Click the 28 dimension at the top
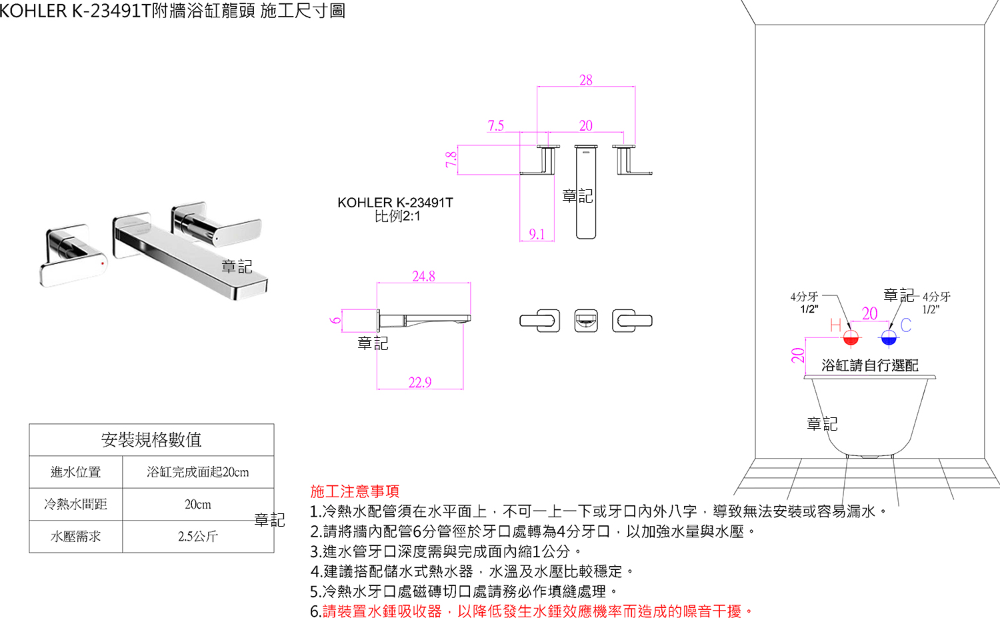click(x=585, y=80)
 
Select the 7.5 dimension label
click(x=496, y=125)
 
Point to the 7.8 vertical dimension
click(x=451, y=159)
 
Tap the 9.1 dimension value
click(x=537, y=234)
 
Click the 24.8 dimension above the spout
click(x=423, y=276)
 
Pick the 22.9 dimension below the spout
click(x=420, y=382)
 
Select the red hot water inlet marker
click(x=851, y=338)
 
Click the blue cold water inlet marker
click(x=889, y=338)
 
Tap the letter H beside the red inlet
click(x=835, y=325)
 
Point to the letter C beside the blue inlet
click(x=905, y=325)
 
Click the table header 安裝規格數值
click(x=151, y=440)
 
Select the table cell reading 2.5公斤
click(x=198, y=537)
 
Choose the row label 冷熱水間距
click(x=75, y=505)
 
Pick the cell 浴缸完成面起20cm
click(x=198, y=472)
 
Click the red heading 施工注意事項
click(x=355, y=491)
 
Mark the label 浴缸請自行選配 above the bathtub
click(x=869, y=365)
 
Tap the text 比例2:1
click(x=397, y=217)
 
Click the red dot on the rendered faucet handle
click(x=102, y=263)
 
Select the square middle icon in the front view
click(x=586, y=321)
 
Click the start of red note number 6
click(x=316, y=611)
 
